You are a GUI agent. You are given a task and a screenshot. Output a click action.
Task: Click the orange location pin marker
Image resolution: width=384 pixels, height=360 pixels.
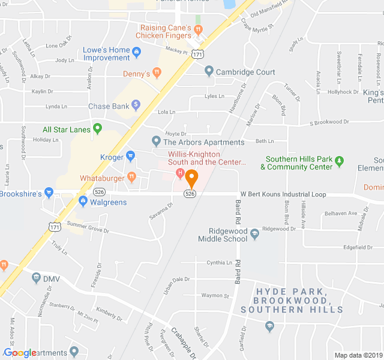[191, 178]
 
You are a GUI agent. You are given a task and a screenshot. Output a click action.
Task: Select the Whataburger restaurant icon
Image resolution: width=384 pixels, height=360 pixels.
[131, 178]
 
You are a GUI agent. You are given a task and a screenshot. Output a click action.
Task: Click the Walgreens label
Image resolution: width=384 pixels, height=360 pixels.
[108, 202]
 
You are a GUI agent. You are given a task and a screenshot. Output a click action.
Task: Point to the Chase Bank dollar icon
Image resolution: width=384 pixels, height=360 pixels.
[136, 106]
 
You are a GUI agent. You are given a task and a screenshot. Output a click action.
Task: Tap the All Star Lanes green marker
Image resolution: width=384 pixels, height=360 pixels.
[97, 129]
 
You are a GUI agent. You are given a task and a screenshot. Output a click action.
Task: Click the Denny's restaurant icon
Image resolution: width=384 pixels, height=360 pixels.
[157, 74]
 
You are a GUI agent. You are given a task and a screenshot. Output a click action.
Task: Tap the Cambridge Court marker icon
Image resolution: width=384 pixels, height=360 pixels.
[209, 72]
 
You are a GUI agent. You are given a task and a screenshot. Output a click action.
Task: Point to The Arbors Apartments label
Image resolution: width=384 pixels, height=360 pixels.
[204, 142]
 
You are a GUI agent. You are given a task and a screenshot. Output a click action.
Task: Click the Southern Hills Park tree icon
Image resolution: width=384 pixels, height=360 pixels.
[339, 161]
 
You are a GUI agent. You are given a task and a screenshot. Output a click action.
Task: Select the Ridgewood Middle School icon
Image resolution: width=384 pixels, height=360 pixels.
[255, 233]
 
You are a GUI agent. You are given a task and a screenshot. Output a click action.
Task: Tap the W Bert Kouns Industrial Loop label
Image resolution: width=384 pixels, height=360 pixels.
[283, 194]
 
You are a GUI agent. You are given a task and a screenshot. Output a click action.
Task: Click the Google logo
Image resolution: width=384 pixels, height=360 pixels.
[20, 353]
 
